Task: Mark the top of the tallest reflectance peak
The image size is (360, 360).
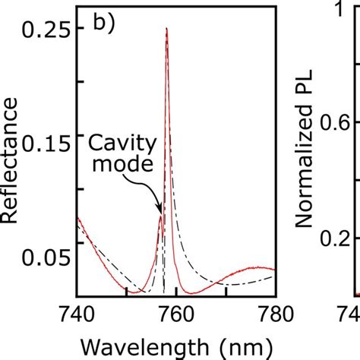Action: tap(166, 29)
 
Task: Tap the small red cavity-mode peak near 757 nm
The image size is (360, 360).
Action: tap(160, 216)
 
